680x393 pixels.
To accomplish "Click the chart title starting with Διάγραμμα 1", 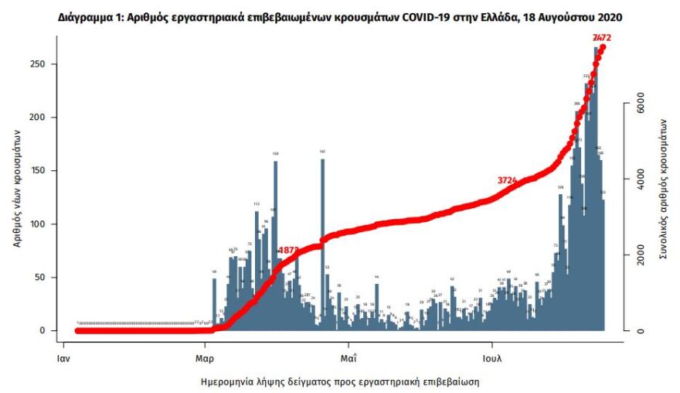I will coord(340,16).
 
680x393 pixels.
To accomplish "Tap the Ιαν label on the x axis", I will coord(66,359).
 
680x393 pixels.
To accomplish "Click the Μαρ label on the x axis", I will coord(206,359).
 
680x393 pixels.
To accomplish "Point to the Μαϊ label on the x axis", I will coord(348,359).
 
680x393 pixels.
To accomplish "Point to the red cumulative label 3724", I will coord(507,180).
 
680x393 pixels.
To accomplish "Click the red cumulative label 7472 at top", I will coord(602,37).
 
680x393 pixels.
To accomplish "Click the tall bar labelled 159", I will coord(275,244).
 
